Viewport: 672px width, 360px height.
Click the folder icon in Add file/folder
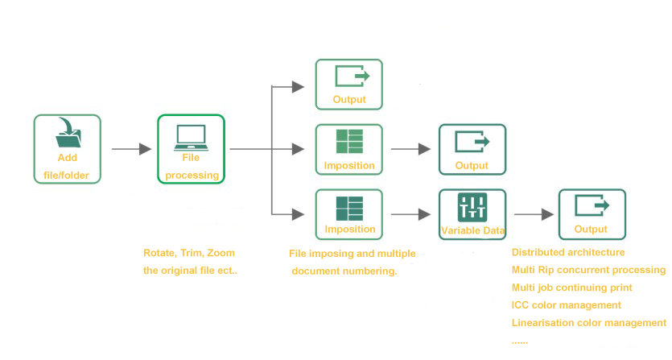(68, 133)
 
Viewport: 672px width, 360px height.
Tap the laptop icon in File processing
(192, 138)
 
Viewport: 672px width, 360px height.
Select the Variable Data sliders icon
(472, 208)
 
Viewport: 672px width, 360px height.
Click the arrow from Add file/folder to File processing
(131, 149)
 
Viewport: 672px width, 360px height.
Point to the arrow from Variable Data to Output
(534, 214)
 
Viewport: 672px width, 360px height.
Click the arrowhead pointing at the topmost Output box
(298, 87)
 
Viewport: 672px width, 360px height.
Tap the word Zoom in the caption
(221, 253)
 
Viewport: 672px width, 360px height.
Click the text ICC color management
(566, 305)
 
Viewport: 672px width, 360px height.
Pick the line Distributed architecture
(568, 252)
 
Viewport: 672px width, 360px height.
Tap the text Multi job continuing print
(571, 288)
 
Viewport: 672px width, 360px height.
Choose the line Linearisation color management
(589, 323)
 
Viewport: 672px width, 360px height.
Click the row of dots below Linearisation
(519, 342)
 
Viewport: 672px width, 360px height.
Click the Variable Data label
(472, 230)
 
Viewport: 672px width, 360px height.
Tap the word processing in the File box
(192, 176)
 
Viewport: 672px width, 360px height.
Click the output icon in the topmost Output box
(352, 77)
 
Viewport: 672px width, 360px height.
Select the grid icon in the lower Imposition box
(349, 209)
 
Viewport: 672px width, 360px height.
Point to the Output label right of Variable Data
(591, 230)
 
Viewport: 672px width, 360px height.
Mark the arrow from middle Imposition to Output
(410, 149)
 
